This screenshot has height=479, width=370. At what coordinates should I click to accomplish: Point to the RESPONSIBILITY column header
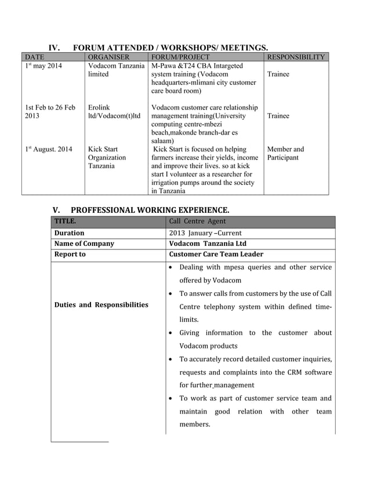[296, 57]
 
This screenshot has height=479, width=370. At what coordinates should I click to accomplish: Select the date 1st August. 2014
[48, 150]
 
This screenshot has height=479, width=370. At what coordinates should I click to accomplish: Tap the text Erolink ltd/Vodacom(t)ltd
[114, 112]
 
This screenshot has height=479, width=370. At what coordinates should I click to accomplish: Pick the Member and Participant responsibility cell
[285, 154]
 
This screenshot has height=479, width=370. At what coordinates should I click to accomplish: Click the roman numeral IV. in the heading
[55, 47]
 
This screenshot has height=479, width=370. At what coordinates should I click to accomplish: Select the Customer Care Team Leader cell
[216, 254]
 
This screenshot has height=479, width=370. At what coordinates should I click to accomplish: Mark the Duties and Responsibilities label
[101, 304]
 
